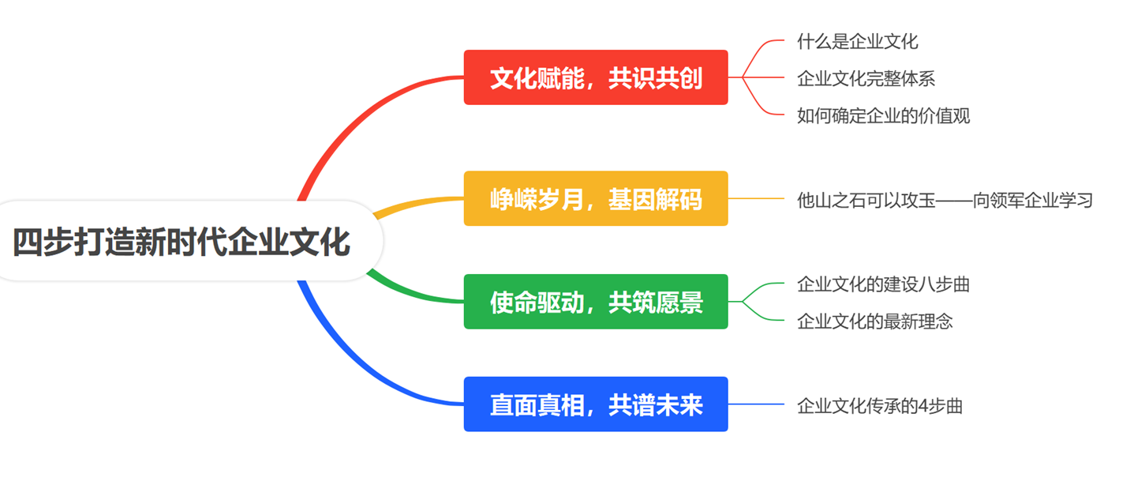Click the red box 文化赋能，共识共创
pos(596,77)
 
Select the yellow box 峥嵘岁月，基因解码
pos(596,198)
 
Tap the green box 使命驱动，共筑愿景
pos(596,302)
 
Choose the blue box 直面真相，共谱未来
pos(596,404)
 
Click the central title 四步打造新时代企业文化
pos(181,242)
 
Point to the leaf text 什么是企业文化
pos(858,41)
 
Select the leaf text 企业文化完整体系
pos(866,78)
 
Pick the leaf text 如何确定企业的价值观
pos(883,115)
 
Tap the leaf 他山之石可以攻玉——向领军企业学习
pos(945,201)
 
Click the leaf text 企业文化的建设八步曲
pos(883,284)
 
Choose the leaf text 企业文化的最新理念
pos(875,321)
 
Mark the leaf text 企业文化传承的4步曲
pos(880,406)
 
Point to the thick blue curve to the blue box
pos(363,371)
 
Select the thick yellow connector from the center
pos(416,204)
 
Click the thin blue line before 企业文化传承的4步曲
pos(756,404)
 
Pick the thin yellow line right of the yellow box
pos(756,198)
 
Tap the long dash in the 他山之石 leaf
pos(954,201)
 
